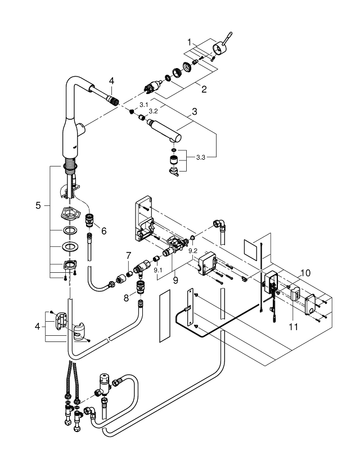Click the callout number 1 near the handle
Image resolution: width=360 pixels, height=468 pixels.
click(x=189, y=43)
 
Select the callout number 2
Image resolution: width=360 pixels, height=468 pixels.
click(x=204, y=89)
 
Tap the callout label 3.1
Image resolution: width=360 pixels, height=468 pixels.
click(x=144, y=105)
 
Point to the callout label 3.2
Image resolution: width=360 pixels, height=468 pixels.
click(x=153, y=111)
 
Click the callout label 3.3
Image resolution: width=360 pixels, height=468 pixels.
click(x=201, y=157)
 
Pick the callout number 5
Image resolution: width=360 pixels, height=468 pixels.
click(x=38, y=205)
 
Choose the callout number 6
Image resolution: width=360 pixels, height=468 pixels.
click(x=103, y=231)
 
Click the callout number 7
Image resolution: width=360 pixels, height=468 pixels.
click(x=128, y=256)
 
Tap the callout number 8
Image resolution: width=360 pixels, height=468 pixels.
click(x=126, y=298)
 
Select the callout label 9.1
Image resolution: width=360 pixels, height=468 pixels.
click(x=157, y=271)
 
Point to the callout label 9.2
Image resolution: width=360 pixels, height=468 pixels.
click(x=193, y=251)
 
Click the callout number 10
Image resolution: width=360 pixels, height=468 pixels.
click(x=305, y=273)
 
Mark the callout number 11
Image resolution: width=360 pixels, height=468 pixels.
click(x=294, y=327)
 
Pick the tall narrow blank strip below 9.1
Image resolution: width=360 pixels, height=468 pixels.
click(x=164, y=316)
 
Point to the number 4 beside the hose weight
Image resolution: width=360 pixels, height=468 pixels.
click(x=37, y=326)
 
